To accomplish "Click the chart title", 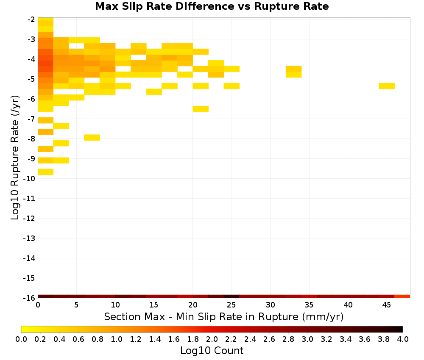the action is pos(212,6).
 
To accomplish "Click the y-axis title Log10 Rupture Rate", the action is pos(15,158).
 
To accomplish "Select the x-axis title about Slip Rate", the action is pos(223,316).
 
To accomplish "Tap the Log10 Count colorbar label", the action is pos(212,351).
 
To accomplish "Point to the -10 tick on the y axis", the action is pos(29,178).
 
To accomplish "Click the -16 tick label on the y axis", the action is pos(29,298).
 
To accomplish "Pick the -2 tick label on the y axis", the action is pos(31,19).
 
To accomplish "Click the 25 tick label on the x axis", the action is pos(231,305).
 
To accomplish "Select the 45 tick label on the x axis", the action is pos(386,305).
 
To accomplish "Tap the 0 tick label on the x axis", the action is pos(38,305).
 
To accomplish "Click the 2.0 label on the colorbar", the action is pos(212,339).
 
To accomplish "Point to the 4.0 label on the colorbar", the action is pos(403,339).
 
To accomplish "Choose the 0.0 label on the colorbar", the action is pos(21,339).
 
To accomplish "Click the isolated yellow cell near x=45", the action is pos(386,86).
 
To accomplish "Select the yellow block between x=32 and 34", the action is pos(294,72).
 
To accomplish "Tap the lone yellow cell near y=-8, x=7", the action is pos(92,138).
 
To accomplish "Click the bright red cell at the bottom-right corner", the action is pos(402,296).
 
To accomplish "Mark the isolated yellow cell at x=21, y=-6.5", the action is pos(201,109).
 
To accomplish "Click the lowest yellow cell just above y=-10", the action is pos(45,172).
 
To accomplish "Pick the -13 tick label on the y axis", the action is pos(29,238).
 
